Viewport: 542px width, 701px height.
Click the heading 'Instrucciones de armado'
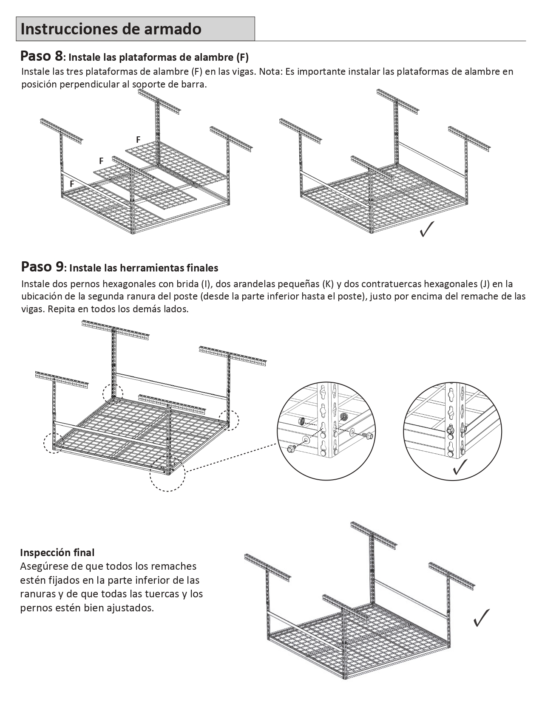(111, 29)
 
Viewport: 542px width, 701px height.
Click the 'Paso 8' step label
(42, 56)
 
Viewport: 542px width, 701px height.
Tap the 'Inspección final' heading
(57, 552)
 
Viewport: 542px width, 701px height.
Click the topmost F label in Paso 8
(138, 139)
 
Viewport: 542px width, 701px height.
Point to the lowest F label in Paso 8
(72, 184)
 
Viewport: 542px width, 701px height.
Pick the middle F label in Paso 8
(101, 161)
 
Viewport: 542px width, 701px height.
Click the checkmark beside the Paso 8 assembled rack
(426, 229)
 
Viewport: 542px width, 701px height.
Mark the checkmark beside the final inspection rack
(481, 618)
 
